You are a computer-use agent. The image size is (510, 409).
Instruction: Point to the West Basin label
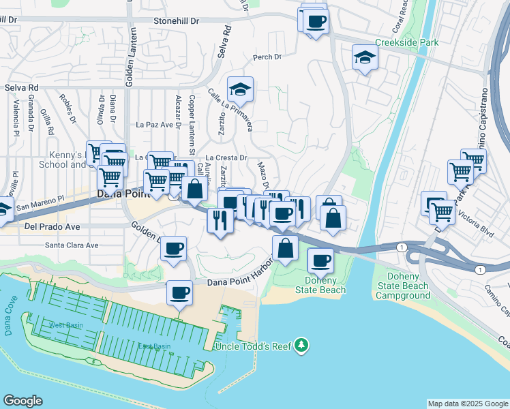click(x=67, y=325)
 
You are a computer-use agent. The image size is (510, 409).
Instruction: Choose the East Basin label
click(x=153, y=346)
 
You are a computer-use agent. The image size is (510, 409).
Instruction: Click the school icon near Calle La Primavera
click(x=240, y=90)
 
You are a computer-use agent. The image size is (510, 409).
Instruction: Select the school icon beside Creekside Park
click(x=365, y=58)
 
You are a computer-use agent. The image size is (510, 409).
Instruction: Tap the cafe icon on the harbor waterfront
click(x=180, y=293)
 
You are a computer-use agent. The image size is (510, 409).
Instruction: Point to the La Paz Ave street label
click(x=152, y=125)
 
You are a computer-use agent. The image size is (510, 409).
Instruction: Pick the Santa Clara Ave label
click(x=72, y=245)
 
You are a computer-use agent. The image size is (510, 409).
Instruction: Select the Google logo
click(x=22, y=401)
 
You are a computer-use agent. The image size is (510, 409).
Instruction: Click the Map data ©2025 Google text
click(x=467, y=404)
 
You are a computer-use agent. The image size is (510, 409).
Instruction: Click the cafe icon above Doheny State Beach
click(x=320, y=260)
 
